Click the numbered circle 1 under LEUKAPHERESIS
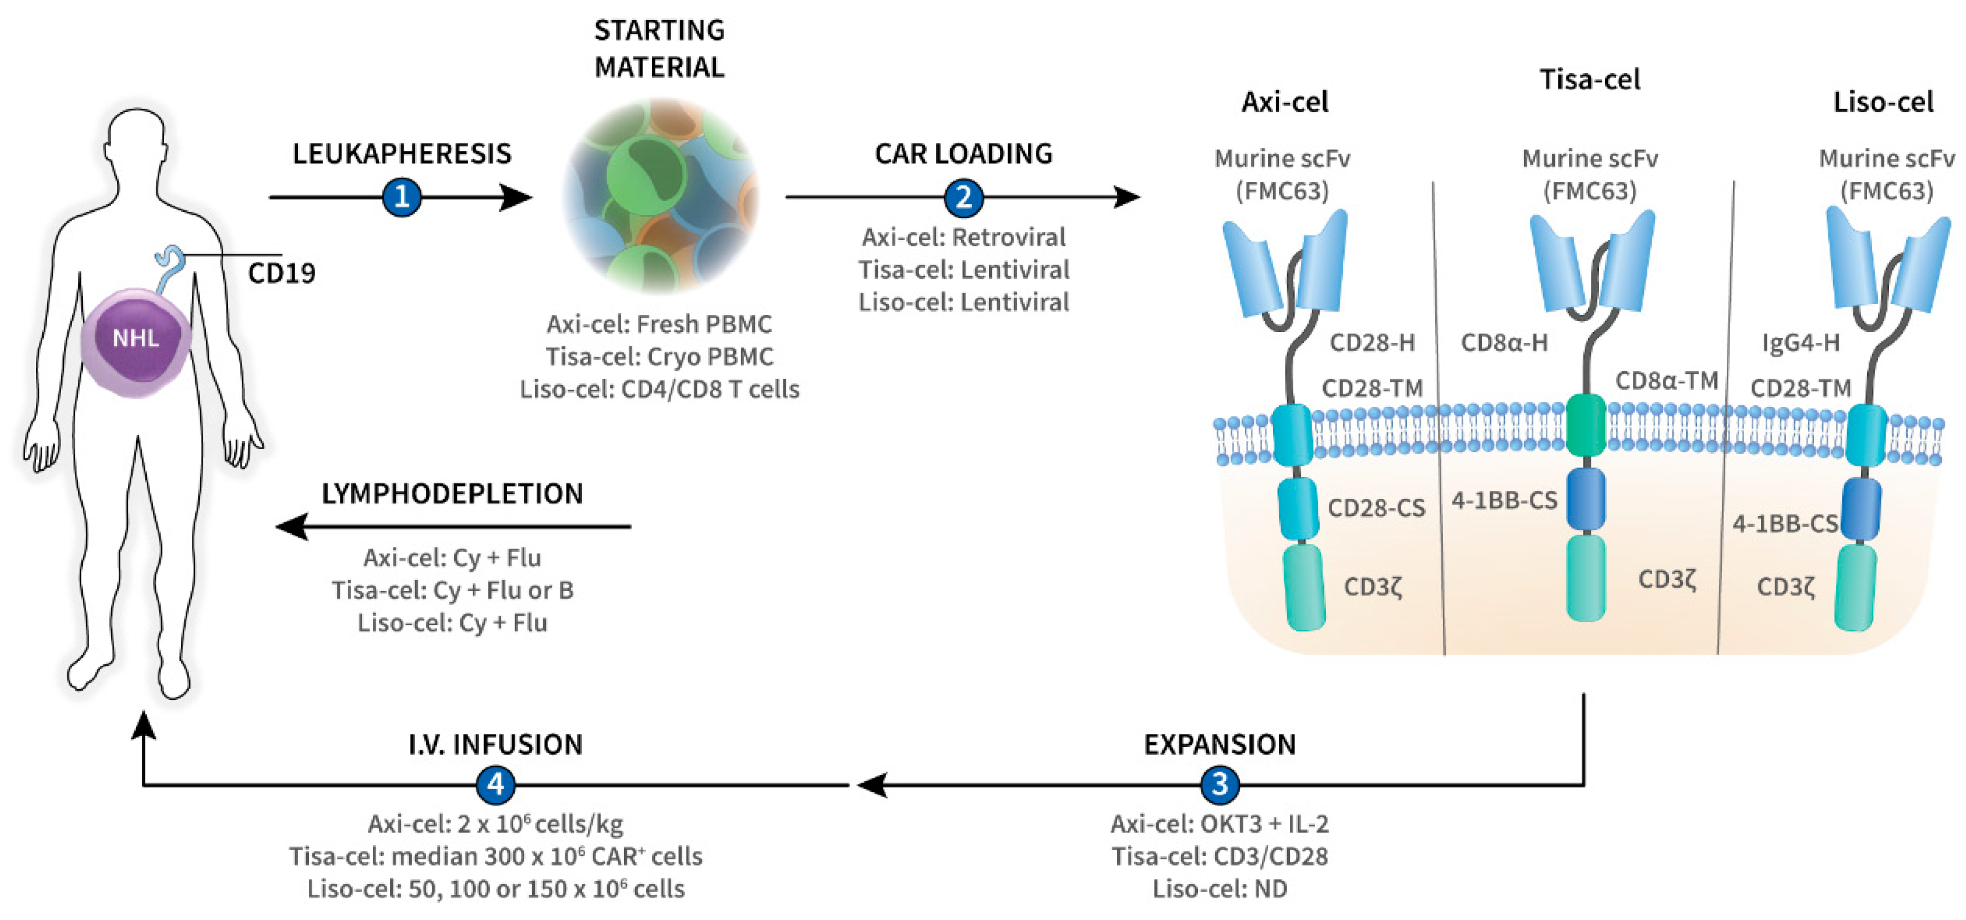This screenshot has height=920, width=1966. (401, 197)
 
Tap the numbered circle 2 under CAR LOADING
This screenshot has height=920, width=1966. (963, 197)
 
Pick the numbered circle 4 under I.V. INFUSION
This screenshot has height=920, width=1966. (495, 784)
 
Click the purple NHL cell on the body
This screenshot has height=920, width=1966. (136, 340)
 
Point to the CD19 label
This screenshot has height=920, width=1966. (282, 273)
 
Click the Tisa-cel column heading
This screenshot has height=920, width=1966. (1589, 79)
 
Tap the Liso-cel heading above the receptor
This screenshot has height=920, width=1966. (1883, 102)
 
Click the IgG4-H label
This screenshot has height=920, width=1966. (1800, 343)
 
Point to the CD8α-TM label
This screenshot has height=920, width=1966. (1666, 380)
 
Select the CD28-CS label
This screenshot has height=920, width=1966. (1376, 508)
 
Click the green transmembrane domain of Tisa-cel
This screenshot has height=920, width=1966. (1586, 425)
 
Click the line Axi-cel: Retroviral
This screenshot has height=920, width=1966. (963, 238)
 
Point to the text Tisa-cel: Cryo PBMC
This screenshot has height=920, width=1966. (660, 357)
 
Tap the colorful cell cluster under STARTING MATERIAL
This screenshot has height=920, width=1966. (660, 196)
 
